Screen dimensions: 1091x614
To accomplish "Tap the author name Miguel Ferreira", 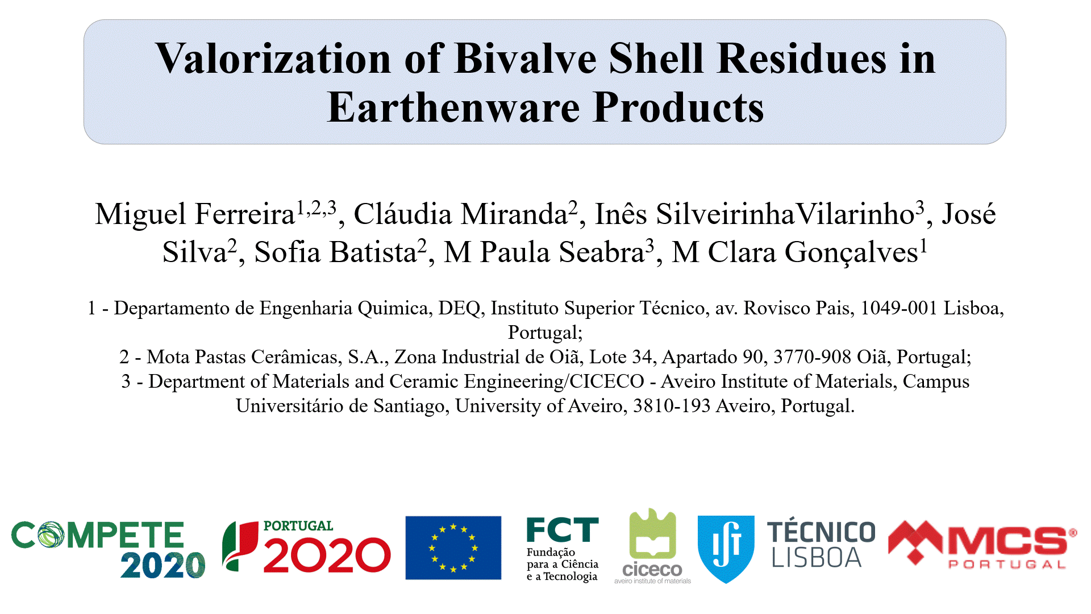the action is pos(195,214).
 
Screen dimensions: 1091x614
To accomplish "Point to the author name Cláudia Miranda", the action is pos(460,214).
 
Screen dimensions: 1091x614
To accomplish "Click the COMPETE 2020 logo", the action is pos(108,549).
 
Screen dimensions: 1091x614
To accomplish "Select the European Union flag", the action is pos(453,547).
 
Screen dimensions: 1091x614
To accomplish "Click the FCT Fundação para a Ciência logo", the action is pos(563,549).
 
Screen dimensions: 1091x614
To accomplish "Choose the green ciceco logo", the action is pos(653,546).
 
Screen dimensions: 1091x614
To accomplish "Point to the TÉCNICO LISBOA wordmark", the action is pos(821,545).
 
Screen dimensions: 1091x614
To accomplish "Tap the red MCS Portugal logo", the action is pos(982,545).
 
